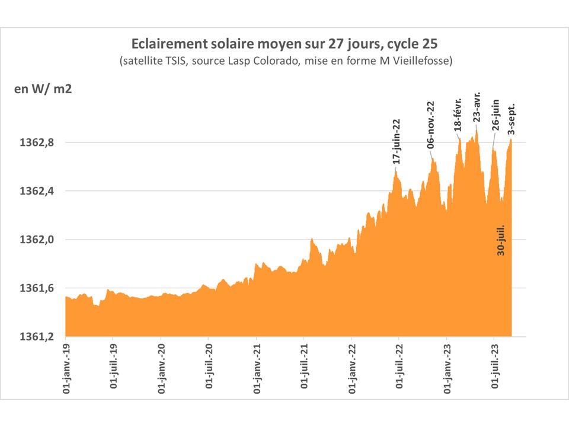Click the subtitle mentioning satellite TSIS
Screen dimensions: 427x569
pyautogui.click(x=286, y=61)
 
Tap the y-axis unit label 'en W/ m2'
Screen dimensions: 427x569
pyautogui.click(x=43, y=90)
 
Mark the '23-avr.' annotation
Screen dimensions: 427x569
pyautogui.click(x=477, y=107)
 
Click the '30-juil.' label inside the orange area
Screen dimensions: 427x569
pyautogui.click(x=501, y=240)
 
